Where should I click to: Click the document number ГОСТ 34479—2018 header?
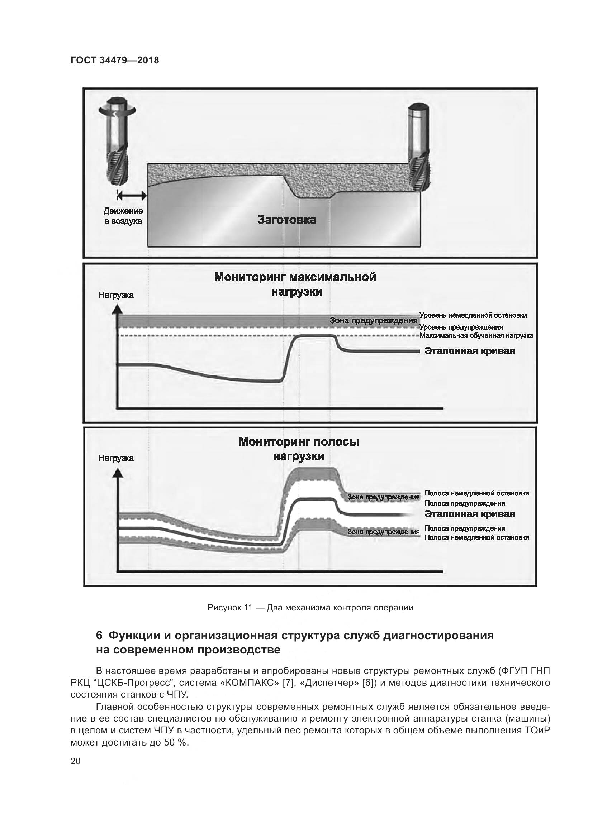(x=115, y=60)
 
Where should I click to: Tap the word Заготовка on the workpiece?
(x=287, y=220)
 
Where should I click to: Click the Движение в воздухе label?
(x=123, y=216)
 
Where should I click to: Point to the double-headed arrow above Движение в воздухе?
(x=132, y=196)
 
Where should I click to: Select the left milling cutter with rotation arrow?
(x=118, y=142)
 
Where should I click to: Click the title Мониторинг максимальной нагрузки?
(x=295, y=284)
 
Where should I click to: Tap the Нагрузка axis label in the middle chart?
(x=116, y=295)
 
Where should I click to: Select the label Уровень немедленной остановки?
(x=473, y=315)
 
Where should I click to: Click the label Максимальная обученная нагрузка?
(x=476, y=335)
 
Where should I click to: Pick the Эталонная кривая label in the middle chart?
(x=470, y=351)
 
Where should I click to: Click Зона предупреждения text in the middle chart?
(x=373, y=320)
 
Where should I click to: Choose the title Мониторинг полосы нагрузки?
(x=298, y=449)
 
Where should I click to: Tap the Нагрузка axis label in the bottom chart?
(x=116, y=458)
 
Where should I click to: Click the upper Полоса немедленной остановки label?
(x=476, y=493)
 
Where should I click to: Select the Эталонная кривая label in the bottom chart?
(x=470, y=514)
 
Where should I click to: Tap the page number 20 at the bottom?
(x=76, y=761)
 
